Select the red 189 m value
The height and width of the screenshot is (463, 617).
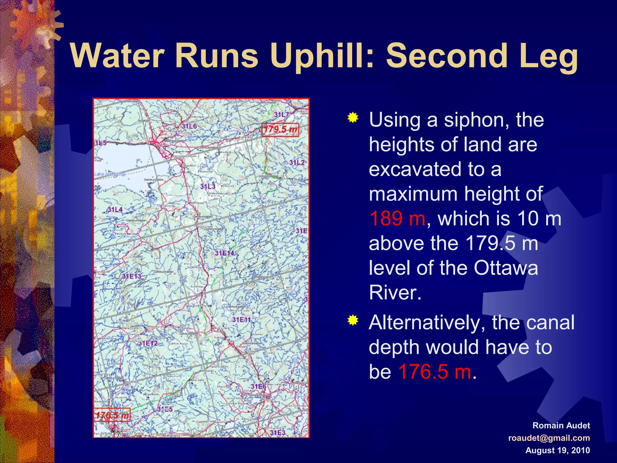point(397,218)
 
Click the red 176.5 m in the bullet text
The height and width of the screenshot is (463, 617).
point(434,372)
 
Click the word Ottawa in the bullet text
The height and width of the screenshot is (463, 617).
point(506,268)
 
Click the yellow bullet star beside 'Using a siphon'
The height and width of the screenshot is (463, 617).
point(353,118)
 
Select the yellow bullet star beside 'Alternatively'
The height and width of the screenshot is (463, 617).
point(353,320)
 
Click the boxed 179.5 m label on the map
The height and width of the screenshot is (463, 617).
point(280,130)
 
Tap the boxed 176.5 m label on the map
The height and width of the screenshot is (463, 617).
point(112,416)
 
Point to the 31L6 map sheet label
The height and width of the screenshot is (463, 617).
point(189,126)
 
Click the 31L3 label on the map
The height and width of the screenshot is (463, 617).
point(208,187)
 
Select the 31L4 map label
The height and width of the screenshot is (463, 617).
point(115,209)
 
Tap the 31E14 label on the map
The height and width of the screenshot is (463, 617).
point(224,253)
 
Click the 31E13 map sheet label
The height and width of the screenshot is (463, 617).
point(131,276)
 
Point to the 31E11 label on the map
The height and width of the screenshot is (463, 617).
point(241,320)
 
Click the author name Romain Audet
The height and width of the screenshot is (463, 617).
point(561,425)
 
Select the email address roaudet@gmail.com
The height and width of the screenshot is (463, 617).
point(549,438)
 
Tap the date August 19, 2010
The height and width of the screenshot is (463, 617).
point(557,450)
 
